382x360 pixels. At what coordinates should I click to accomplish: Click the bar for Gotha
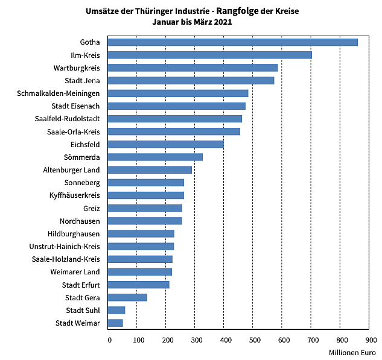[232, 42]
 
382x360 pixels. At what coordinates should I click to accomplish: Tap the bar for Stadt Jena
[191, 80]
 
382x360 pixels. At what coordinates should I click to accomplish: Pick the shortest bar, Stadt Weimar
[115, 323]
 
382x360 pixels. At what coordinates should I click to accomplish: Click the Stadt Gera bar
[127, 297]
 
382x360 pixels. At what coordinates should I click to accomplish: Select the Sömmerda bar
[155, 157]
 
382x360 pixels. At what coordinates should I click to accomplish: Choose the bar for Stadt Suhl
[116, 310]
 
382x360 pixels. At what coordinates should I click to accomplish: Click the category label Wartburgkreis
[77, 68]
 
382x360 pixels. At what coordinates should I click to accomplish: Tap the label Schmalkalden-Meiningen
[59, 93]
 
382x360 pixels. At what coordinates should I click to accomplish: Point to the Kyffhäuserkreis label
[74, 195]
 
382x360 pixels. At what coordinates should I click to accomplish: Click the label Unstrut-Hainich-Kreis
[65, 247]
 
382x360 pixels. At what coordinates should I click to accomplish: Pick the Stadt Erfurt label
[81, 285]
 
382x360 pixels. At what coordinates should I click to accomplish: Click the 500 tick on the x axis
[253, 340]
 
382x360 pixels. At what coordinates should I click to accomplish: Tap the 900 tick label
[369, 340]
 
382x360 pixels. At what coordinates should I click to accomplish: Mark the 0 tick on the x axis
[109, 340]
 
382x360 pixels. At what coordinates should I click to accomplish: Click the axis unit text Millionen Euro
[352, 352]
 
